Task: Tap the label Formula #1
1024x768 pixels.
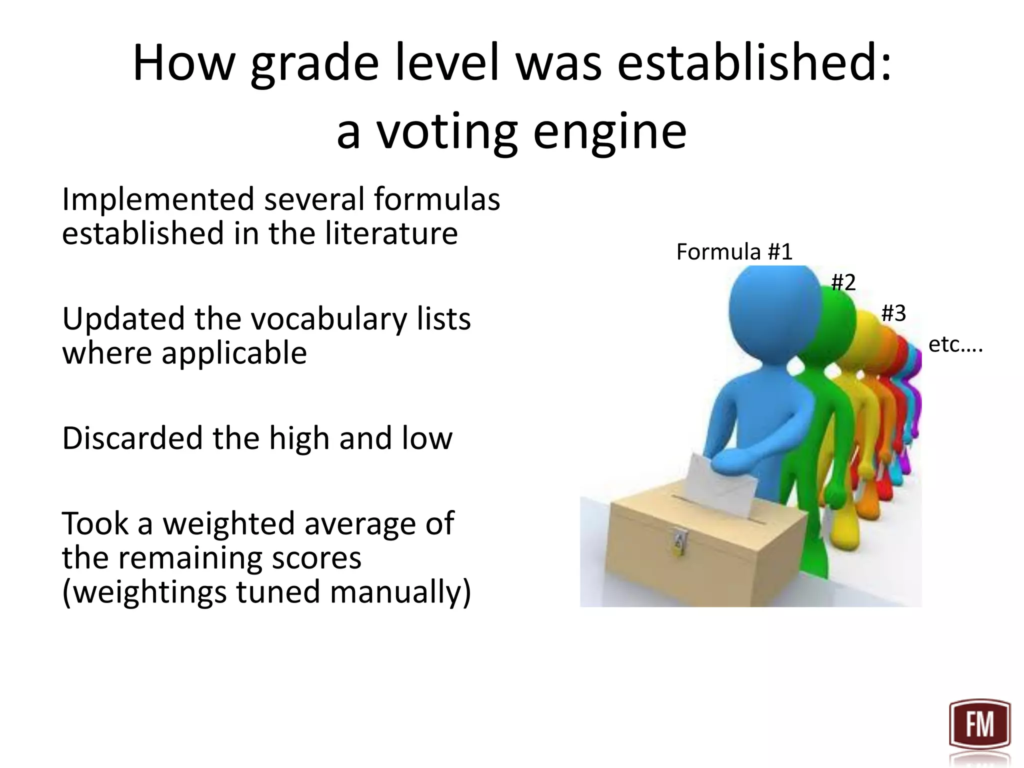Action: [x=734, y=251]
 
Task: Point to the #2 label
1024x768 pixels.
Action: [x=843, y=283]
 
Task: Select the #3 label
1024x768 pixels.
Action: [x=893, y=313]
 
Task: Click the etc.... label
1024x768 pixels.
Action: [x=955, y=344]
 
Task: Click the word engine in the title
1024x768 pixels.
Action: [x=609, y=131]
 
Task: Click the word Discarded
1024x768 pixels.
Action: [x=132, y=438]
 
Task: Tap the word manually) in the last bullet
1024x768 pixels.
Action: [x=400, y=592]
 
